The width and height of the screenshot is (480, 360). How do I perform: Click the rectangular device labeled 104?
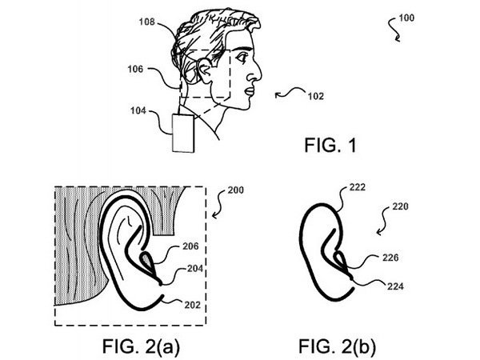click(184, 133)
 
